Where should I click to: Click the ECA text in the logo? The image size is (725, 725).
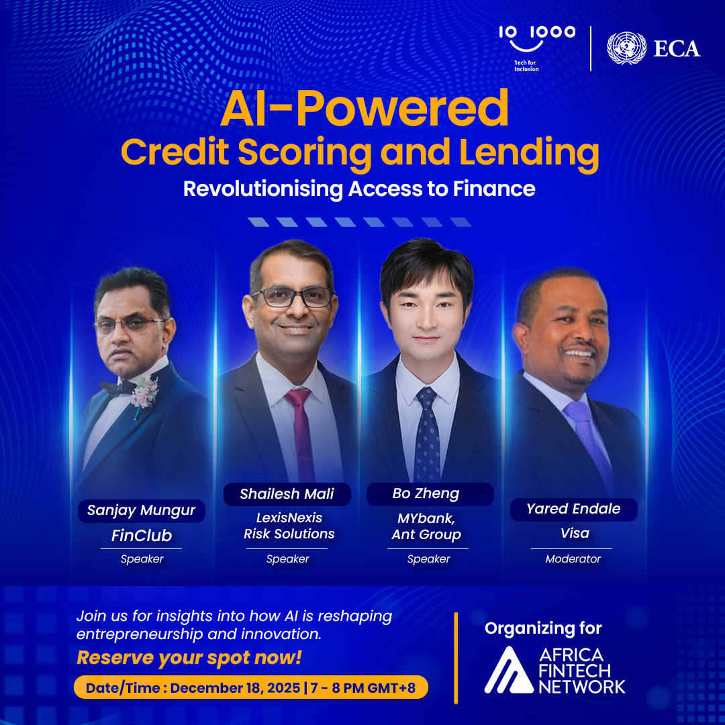coord(677,48)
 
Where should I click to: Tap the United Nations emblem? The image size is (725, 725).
coord(626,48)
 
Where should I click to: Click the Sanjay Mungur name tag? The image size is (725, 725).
coord(141,511)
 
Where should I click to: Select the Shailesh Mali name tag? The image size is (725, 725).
coord(287,495)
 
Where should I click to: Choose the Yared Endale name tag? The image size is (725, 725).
coord(573,509)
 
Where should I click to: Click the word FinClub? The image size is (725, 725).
coord(141,536)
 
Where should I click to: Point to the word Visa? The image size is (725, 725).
coord(575,534)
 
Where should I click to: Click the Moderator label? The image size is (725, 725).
coord(573,559)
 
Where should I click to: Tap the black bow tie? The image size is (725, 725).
coord(118,387)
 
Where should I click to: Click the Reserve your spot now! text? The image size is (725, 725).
coord(189,658)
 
